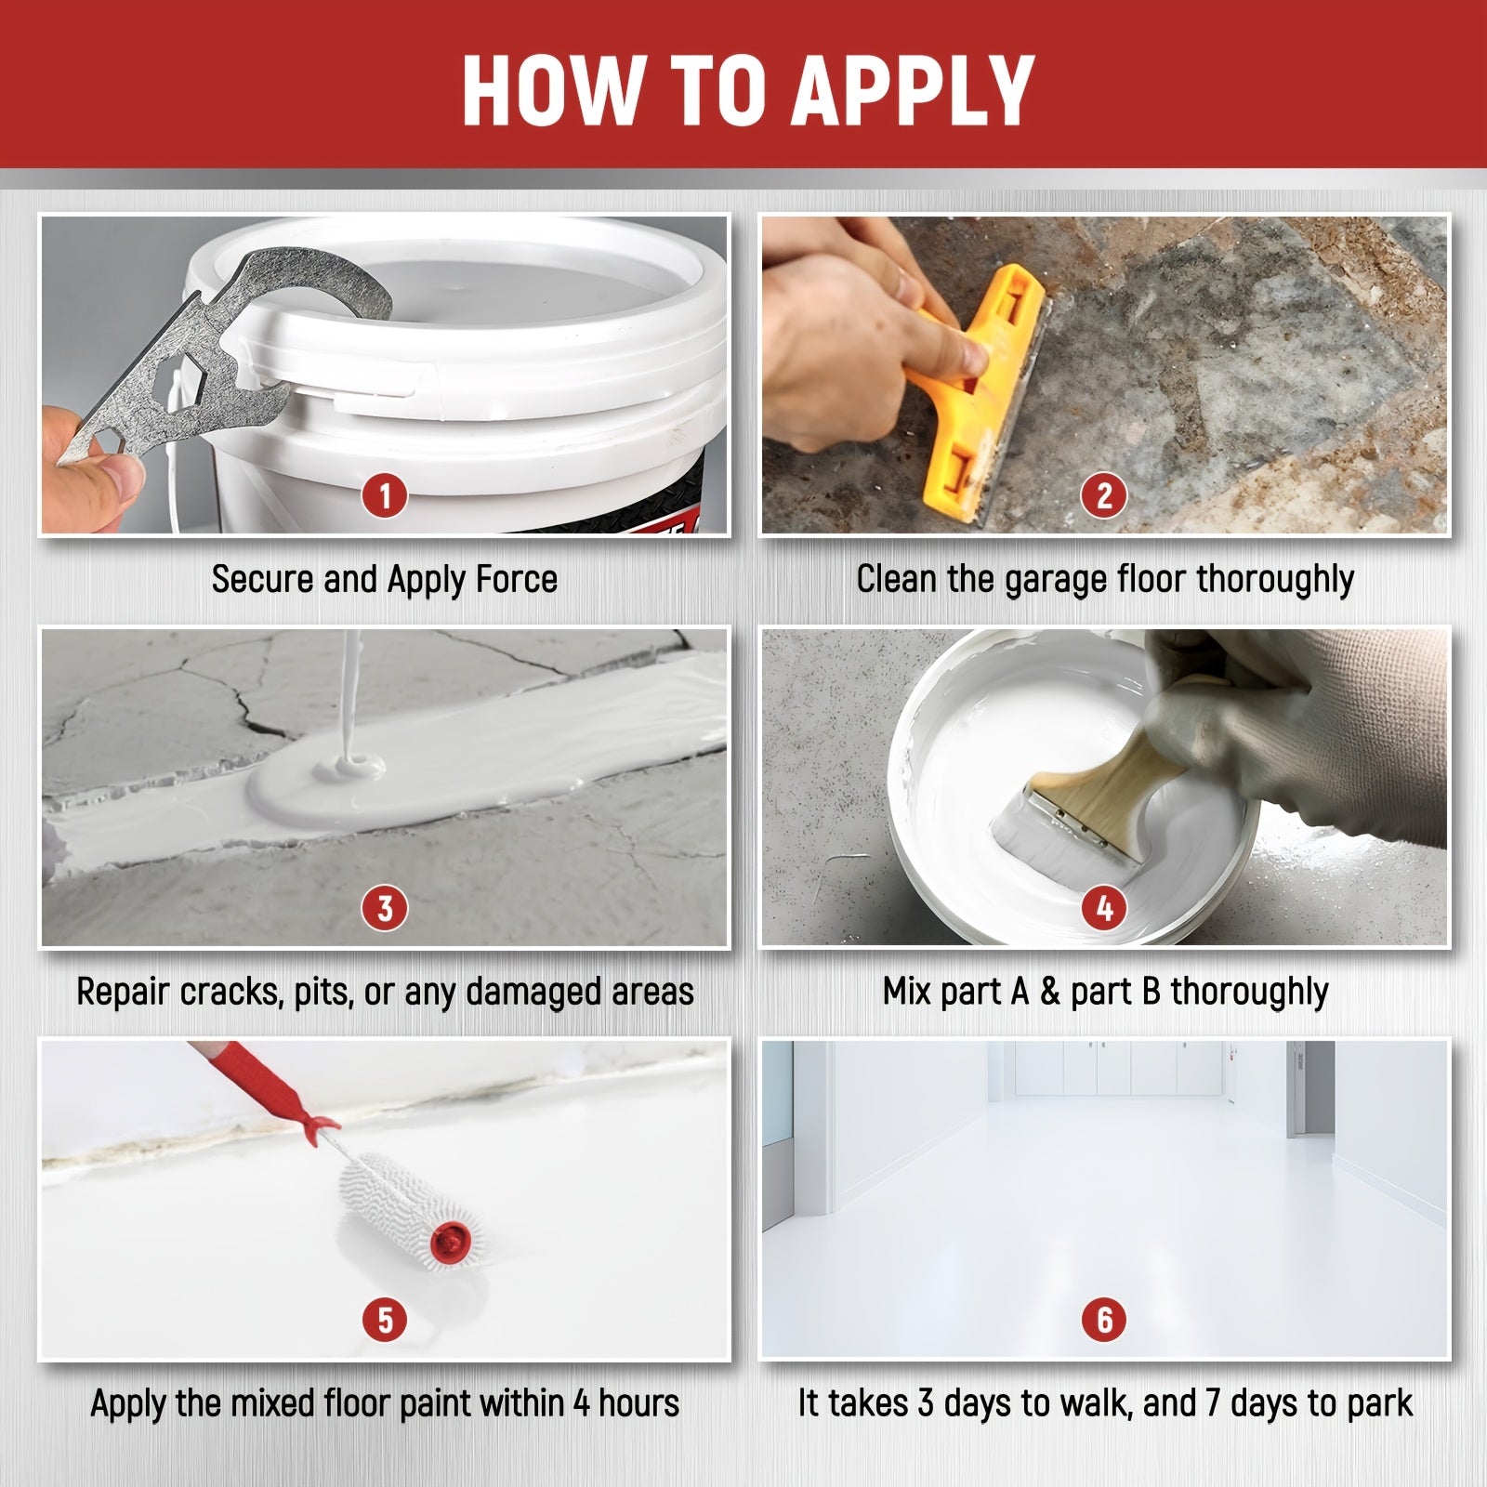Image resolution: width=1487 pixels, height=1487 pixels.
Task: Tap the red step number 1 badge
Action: click(385, 496)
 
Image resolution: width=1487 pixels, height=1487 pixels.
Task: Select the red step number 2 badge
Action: click(1104, 496)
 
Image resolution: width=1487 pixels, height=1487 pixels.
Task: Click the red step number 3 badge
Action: click(385, 908)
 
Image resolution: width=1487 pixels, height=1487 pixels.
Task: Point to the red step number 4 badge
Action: click(1104, 908)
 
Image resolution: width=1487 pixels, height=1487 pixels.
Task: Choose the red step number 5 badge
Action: click(385, 1320)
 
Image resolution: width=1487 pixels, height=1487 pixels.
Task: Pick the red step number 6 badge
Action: click(1104, 1320)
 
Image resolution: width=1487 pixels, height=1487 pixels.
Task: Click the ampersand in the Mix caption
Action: click(1049, 992)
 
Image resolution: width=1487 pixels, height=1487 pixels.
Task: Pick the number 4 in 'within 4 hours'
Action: click(582, 1403)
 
